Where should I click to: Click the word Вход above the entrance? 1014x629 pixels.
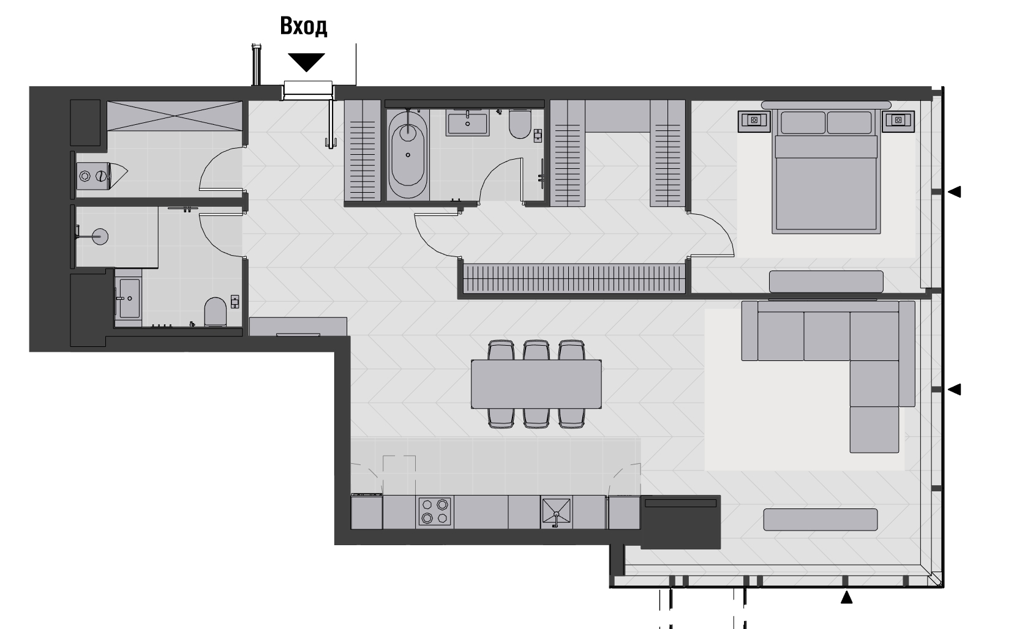[x=303, y=26]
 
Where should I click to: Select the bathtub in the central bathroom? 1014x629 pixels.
[x=407, y=155]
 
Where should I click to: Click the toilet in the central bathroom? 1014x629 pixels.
[x=520, y=124]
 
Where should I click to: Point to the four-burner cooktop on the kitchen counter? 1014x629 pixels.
[x=435, y=511]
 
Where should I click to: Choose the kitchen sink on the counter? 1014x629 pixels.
[x=557, y=512]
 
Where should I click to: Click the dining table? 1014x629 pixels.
[x=536, y=384]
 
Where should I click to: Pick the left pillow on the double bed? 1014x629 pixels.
[x=803, y=122]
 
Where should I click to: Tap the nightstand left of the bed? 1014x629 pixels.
[x=754, y=121]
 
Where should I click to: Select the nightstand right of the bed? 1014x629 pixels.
[x=898, y=121]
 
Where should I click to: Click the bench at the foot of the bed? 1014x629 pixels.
[x=826, y=281]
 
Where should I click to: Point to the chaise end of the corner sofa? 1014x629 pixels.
[x=874, y=429]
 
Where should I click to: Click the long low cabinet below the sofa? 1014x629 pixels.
[x=821, y=519]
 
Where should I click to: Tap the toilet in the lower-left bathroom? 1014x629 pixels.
[x=215, y=311]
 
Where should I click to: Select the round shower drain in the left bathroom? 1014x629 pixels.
[x=100, y=237]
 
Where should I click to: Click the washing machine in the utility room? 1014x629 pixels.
[x=93, y=176]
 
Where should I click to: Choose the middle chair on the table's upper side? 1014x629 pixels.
[x=536, y=350]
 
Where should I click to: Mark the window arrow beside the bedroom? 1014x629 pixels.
[x=954, y=192]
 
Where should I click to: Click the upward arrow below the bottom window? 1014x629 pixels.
[x=846, y=597]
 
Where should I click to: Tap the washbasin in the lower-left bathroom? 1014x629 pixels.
[x=129, y=298]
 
